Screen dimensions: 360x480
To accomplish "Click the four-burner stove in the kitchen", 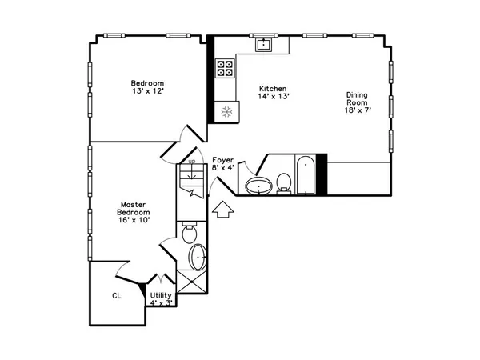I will click(x=225, y=70).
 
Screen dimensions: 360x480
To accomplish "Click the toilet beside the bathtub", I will click(x=284, y=182).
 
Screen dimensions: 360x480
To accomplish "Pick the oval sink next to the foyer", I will click(x=258, y=187).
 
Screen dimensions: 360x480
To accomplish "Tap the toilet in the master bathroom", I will click(x=190, y=234).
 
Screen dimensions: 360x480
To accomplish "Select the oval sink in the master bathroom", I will click(x=198, y=258).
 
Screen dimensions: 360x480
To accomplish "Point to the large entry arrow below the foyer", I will click(x=224, y=210).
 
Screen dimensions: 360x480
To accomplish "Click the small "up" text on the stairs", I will click(x=190, y=162).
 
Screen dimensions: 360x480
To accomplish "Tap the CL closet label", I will click(x=116, y=294).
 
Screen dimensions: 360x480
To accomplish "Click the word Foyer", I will click(x=222, y=160).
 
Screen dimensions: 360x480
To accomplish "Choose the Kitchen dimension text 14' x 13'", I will click(x=273, y=97).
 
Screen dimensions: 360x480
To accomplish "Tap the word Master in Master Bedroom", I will click(x=132, y=203).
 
